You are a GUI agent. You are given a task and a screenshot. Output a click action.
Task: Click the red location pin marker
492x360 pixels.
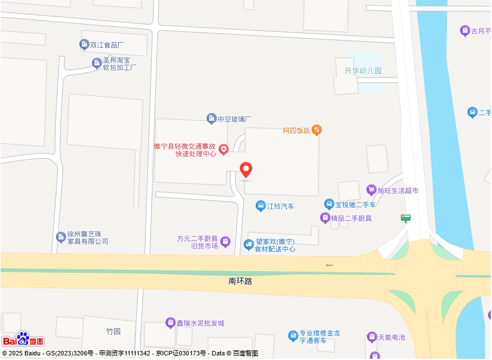(x=246, y=169)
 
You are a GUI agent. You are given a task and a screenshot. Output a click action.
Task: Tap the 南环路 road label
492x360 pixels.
(x=240, y=281)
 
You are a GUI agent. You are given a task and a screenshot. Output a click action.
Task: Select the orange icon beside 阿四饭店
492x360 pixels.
(x=317, y=130)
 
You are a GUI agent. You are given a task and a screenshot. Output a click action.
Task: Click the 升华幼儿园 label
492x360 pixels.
(x=362, y=71)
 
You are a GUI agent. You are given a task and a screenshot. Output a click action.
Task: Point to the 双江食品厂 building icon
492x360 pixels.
(x=84, y=45)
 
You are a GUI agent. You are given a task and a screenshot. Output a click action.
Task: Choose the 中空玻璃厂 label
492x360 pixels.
(x=234, y=119)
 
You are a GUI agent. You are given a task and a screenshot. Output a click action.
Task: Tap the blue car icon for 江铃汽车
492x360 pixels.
(x=260, y=206)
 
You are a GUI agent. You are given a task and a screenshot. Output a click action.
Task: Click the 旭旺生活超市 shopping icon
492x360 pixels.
(x=372, y=190)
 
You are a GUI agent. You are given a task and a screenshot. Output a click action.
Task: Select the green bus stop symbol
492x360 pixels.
(x=406, y=217)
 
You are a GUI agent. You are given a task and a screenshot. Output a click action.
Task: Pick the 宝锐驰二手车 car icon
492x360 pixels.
(x=329, y=204)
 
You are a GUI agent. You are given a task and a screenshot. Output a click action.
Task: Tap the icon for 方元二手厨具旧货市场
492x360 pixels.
(x=225, y=242)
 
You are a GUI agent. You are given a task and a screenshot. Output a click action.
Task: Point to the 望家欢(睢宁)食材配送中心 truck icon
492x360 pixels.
(x=249, y=245)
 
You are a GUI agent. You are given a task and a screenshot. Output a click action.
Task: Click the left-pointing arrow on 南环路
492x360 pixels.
(x=329, y=265)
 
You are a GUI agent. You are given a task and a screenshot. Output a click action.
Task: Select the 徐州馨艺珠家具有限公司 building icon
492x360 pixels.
(x=61, y=237)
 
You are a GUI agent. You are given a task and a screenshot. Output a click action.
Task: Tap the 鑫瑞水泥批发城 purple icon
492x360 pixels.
(x=170, y=323)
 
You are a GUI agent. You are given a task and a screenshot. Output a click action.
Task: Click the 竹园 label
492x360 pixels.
(x=113, y=331)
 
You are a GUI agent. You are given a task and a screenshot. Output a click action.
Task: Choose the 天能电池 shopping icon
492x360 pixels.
(x=372, y=337)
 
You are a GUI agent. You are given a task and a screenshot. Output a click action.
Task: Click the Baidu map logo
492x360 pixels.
(x=23, y=339)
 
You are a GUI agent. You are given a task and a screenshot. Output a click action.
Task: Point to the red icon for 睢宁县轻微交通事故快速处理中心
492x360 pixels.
(x=224, y=149)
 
